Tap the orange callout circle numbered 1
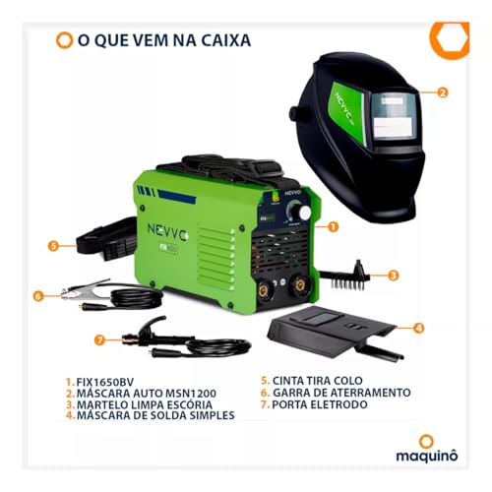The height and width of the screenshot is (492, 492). click(x=334, y=225)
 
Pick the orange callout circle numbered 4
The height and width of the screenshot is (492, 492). click(x=417, y=328)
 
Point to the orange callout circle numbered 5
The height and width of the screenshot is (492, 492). click(x=53, y=247)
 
